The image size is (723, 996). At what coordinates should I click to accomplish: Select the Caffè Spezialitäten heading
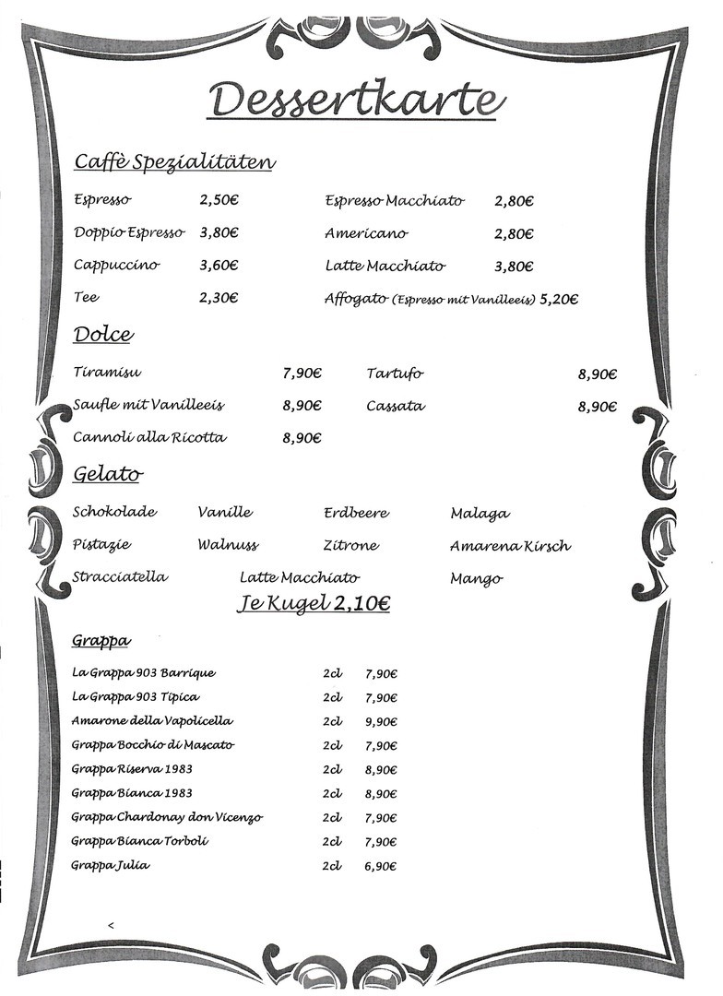click(174, 162)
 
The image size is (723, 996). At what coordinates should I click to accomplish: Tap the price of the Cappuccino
click(219, 266)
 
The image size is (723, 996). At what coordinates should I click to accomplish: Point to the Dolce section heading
click(102, 335)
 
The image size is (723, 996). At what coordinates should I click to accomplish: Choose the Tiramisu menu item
click(107, 373)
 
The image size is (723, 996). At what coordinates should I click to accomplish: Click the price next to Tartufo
click(597, 374)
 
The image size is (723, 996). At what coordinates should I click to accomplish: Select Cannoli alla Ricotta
click(149, 437)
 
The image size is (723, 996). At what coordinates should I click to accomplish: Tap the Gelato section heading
click(107, 475)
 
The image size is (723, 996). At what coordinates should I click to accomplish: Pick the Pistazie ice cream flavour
click(101, 545)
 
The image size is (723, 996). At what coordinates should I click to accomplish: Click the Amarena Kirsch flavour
click(510, 546)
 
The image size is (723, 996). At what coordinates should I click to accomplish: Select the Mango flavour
click(476, 579)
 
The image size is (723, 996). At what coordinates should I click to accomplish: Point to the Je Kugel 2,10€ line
click(313, 604)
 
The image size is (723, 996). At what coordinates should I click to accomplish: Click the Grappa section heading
click(101, 640)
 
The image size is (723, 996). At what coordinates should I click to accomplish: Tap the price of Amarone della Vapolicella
click(381, 721)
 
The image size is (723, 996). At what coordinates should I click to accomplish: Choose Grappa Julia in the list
click(111, 865)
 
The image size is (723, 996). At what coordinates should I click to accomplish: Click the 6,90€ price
click(381, 866)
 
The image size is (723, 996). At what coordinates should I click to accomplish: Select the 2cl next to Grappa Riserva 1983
click(332, 769)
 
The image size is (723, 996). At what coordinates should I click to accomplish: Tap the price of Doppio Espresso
click(219, 233)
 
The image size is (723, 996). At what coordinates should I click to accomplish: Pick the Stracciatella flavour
click(120, 577)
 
